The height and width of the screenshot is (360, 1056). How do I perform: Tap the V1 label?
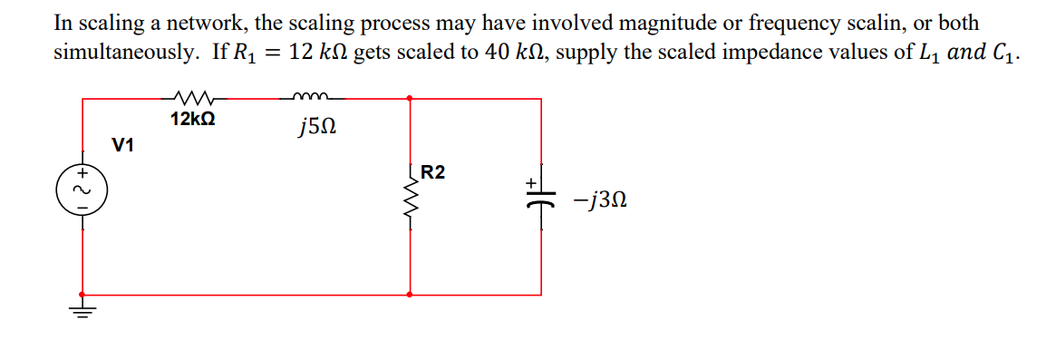tap(122, 144)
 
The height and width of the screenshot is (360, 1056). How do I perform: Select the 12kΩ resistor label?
tap(192, 119)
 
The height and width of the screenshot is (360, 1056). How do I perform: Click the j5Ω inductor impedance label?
tap(317, 130)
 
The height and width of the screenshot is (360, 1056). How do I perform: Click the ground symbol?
tap(82, 312)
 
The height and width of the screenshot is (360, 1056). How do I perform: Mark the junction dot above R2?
tap(411, 98)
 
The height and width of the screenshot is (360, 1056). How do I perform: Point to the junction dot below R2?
tap(411, 295)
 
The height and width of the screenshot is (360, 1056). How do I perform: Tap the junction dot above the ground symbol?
tap(82, 295)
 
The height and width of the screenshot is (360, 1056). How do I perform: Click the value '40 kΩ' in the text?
tap(509, 52)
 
